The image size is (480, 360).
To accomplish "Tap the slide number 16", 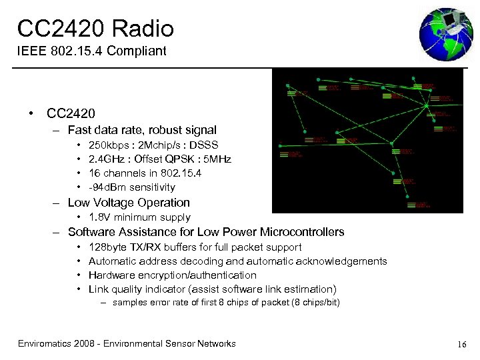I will point(461,344).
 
